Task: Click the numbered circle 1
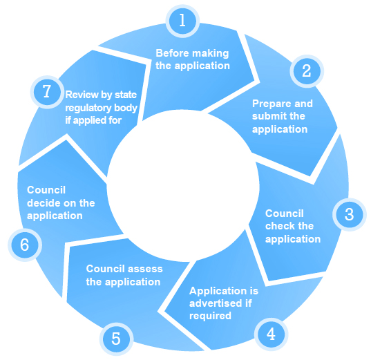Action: pos(182,21)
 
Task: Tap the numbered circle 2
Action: pos(307,71)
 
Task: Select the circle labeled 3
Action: pos(350,215)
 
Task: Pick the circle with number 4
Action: pos(271,334)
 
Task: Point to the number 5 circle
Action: pos(116,339)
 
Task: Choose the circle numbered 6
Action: pos(25,245)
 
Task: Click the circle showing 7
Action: pos(47,92)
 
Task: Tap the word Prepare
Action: pos(268,104)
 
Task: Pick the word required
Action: pos(210,316)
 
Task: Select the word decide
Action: pos(41,203)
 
